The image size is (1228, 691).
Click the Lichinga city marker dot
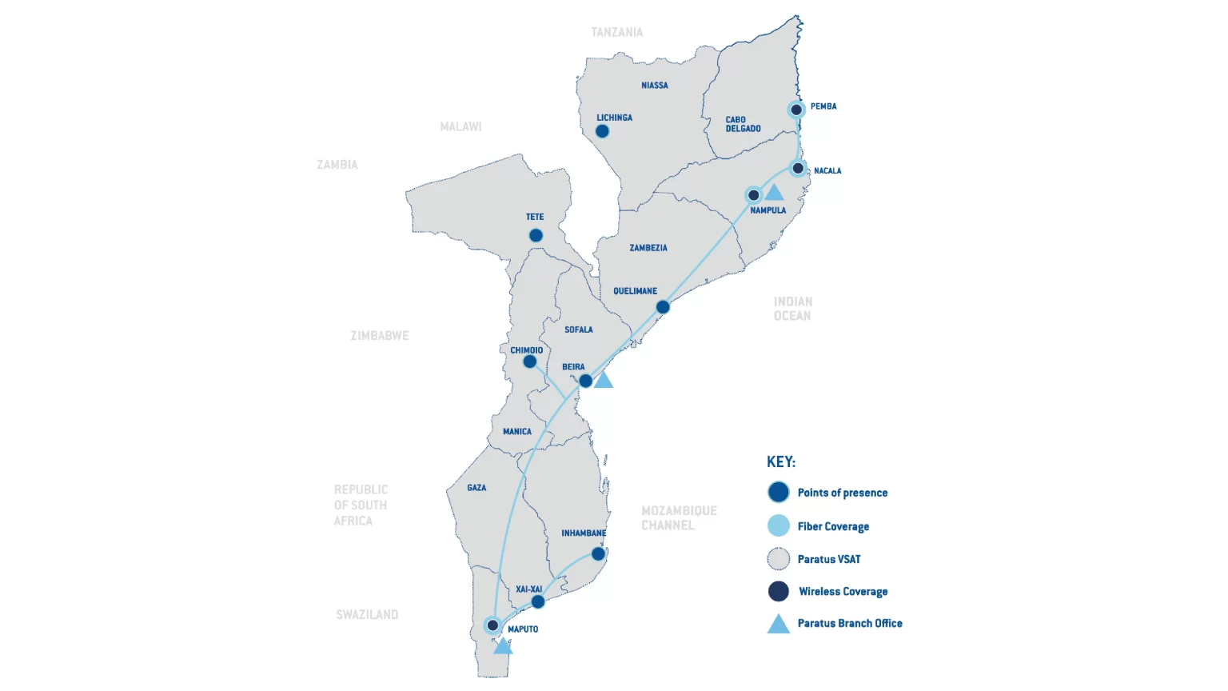(x=602, y=131)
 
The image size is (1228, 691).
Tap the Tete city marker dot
(x=536, y=235)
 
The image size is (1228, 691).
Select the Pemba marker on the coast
(x=796, y=110)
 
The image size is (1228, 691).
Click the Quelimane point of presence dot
(x=663, y=307)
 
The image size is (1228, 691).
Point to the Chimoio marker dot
(x=529, y=361)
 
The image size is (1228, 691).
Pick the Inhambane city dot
(x=598, y=553)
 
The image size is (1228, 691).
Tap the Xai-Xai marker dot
(x=538, y=601)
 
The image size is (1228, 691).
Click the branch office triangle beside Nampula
(x=774, y=193)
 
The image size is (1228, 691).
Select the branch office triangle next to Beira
(x=604, y=381)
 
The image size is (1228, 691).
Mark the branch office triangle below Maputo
(x=502, y=646)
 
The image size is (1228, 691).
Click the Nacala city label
(x=827, y=170)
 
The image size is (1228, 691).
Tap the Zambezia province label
(x=648, y=248)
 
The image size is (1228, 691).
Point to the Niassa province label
(x=655, y=86)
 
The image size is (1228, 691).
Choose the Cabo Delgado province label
(x=743, y=124)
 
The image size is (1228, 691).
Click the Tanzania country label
(x=616, y=32)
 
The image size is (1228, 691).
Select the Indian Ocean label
(x=792, y=309)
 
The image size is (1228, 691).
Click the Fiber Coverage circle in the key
(x=778, y=525)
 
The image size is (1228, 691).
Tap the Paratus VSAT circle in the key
(x=778, y=558)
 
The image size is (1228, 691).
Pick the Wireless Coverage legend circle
(x=778, y=591)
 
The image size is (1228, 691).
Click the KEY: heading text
(x=781, y=461)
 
